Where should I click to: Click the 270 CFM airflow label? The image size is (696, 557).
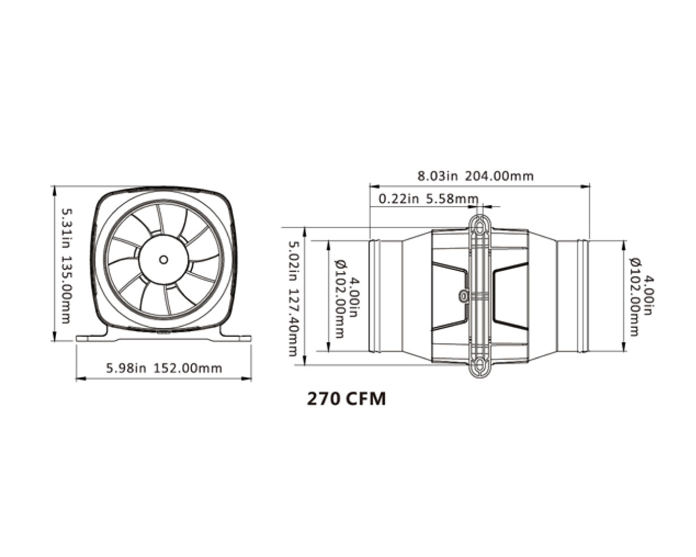click(346, 399)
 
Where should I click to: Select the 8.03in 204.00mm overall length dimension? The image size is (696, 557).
click(475, 176)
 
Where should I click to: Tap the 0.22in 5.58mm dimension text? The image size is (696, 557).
click(428, 199)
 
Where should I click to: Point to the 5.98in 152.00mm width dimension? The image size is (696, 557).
click(164, 368)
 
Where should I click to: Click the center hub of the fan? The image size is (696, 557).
click(163, 259)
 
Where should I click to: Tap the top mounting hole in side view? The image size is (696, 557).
click(479, 224)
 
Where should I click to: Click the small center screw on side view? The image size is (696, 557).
click(463, 295)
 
